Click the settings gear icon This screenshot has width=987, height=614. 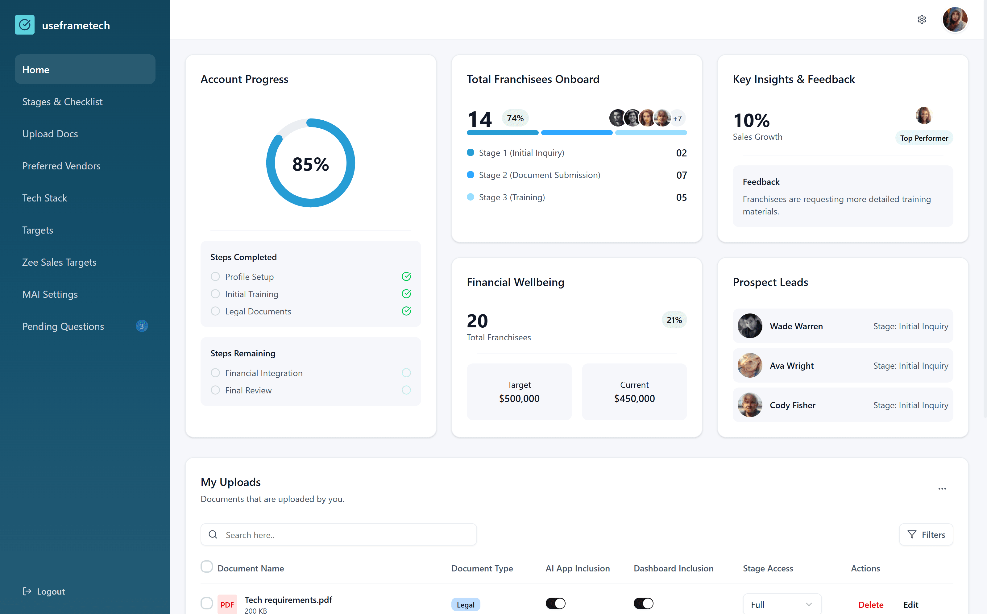922,19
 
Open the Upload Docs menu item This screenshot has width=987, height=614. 50,134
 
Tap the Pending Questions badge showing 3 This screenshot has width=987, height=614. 142,326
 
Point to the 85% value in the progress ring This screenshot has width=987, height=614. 311,164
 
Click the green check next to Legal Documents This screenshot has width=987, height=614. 406,311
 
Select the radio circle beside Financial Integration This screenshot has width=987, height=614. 215,373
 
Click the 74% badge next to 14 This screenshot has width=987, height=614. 515,118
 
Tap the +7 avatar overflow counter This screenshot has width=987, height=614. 677,118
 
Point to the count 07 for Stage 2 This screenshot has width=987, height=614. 681,175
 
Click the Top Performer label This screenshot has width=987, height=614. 924,138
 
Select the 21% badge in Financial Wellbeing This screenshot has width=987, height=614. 674,320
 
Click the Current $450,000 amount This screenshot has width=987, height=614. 634,398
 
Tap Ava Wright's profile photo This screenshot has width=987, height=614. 749,366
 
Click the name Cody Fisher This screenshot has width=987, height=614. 792,405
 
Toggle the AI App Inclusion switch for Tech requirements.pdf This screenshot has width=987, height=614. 555,604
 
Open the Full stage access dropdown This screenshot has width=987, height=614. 782,605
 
